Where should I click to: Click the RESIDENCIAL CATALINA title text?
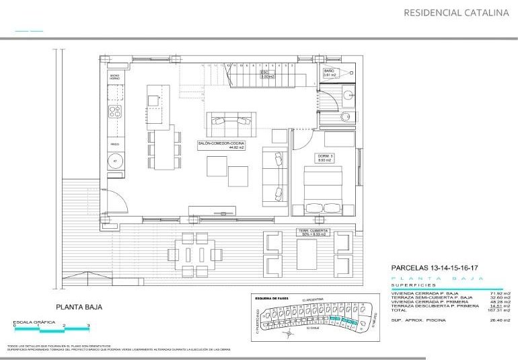[x=455, y=12]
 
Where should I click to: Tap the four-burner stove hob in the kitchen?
[x=115, y=111]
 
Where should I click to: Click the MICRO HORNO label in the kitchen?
[x=114, y=77]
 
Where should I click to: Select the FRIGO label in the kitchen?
[x=114, y=145]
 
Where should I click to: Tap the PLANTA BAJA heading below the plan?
[x=79, y=308]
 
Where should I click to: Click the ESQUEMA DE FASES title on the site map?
[x=272, y=297]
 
